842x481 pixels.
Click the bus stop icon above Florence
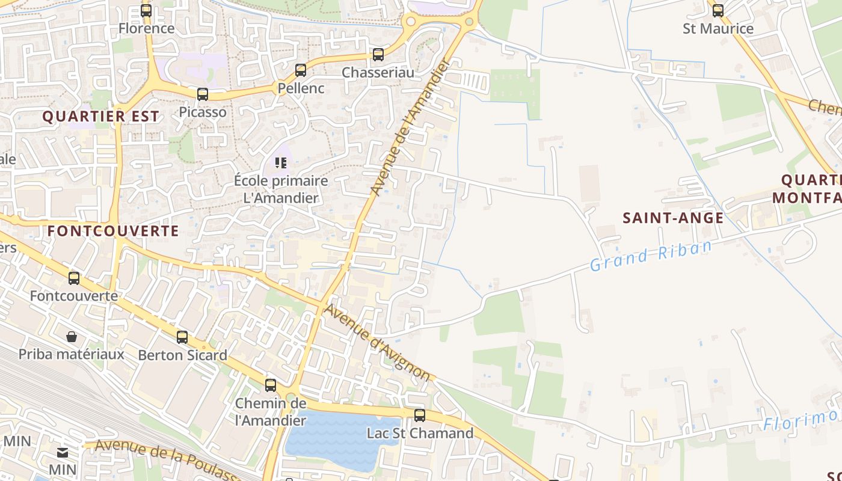(146, 10)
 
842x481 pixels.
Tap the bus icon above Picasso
(203, 94)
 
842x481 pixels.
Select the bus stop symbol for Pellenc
(301, 70)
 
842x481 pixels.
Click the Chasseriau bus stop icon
(378, 55)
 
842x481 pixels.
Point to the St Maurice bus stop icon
(718, 10)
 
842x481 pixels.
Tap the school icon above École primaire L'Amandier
(281, 162)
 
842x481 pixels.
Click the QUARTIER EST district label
(101, 116)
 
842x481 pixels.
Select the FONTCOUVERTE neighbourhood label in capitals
(113, 230)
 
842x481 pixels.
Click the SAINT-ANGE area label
(673, 218)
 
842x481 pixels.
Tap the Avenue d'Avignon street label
(378, 342)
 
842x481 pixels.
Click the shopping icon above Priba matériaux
(72, 337)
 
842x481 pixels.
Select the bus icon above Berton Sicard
(182, 337)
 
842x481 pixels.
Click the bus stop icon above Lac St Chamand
(420, 415)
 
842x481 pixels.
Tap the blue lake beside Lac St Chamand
(337, 442)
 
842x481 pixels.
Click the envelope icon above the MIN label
(63, 452)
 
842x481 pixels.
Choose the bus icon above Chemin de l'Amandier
(271, 385)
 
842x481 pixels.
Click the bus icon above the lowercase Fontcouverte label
(74, 278)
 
